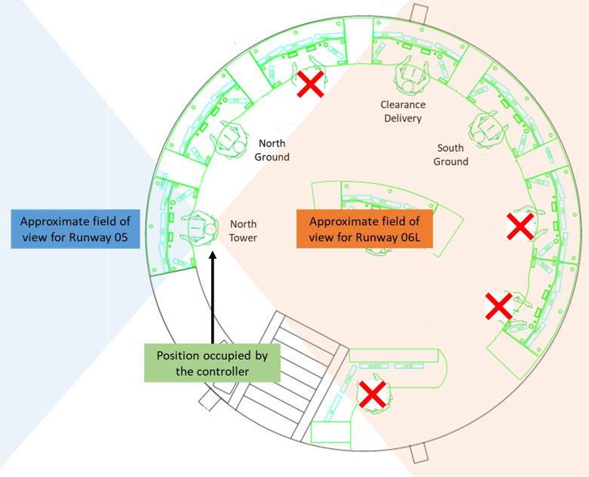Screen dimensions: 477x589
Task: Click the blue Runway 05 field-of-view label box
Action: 75,229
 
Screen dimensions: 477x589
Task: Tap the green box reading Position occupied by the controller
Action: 211,363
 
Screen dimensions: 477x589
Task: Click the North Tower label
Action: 243,230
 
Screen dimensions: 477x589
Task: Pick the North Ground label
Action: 271,149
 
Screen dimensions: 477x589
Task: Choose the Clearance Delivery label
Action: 403,111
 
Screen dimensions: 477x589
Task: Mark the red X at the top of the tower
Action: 310,85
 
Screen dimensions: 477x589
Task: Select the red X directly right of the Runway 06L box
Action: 520,226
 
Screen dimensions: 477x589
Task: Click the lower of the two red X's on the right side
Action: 498,306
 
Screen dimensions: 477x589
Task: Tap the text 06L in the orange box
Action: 403,238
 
